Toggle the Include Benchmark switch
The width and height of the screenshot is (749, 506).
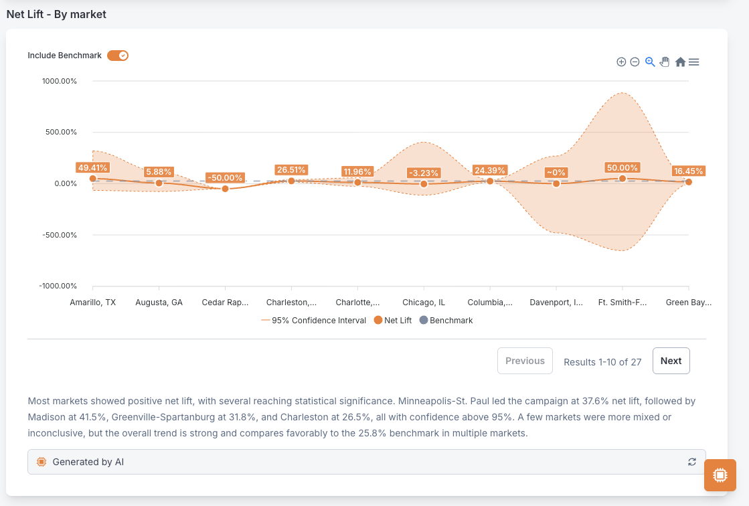[x=118, y=56]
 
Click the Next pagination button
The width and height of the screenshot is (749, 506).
[x=671, y=361]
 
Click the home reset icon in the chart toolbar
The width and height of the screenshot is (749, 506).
[x=680, y=62]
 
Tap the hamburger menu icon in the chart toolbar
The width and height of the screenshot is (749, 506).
[x=694, y=62]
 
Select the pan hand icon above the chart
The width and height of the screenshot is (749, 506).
[x=665, y=62]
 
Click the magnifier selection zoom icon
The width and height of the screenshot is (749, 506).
[x=650, y=62]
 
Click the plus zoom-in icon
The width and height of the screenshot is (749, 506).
[x=621, y=62]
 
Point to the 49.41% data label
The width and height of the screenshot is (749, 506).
[x=92, y=168]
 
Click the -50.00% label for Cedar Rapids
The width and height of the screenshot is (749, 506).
[x=225, y=178]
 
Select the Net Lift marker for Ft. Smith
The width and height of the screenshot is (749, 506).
[x=622, y=179]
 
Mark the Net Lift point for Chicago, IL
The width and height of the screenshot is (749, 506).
[x=424, y=184]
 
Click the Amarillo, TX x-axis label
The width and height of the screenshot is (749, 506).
[x=92, y=303]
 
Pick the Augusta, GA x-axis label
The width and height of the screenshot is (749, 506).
[x=159, y=303]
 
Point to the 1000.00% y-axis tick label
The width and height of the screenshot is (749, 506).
[x=59, y=81]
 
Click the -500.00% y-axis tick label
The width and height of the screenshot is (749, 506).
[x=59, y=235]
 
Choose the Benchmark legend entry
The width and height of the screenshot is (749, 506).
[x=446, y=320]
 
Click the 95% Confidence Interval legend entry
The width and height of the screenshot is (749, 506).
[x=314, y=320]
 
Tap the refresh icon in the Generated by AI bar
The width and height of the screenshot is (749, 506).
[x=691, y=462]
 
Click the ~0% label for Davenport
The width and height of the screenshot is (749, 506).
[x=556, y=173]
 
